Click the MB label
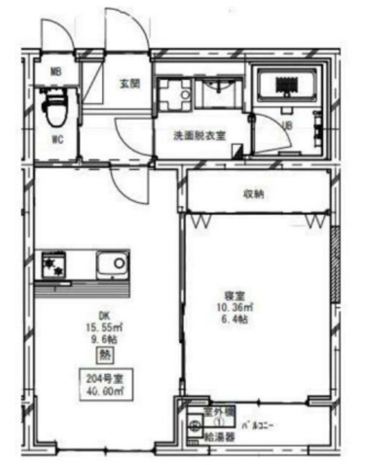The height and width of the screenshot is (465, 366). [x=55, y=71]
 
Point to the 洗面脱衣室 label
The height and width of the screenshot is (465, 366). [x=198, y=136]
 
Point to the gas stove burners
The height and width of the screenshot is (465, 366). [x=54, y=262]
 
